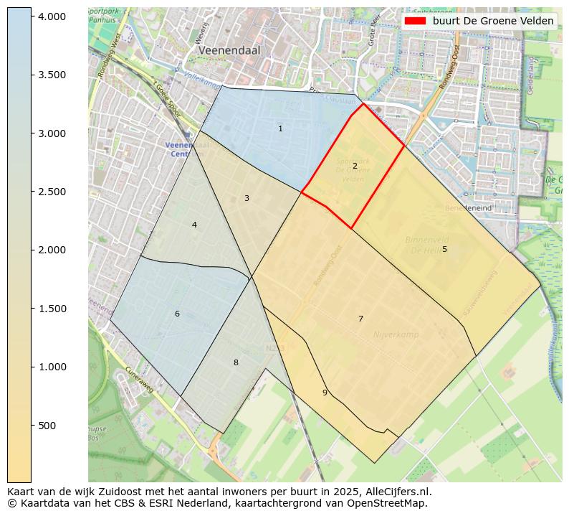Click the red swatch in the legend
415,21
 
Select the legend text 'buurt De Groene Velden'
492,21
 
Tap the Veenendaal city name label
229,51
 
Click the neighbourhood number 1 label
280,128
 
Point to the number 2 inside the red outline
355,166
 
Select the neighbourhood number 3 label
247,198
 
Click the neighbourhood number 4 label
194,225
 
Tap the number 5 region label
444,249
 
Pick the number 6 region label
177,314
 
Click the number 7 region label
360,319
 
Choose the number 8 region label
236,362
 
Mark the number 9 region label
325,392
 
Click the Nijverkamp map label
396,334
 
